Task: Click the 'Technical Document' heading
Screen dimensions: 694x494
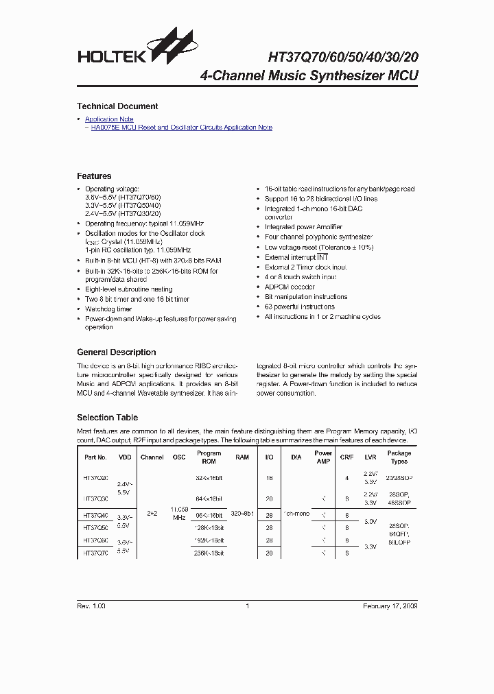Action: [x=117, y=106]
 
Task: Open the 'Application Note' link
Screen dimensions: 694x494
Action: [x=109, y=119]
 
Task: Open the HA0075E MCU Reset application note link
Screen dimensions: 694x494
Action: [x=181, y=128]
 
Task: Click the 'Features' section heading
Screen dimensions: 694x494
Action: [x=94, y=176]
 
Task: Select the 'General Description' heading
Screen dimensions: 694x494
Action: [x=116, y=352]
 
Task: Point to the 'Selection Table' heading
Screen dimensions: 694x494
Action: [x=107, y=418]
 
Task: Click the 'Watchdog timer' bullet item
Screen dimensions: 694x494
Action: [x=108, y=309]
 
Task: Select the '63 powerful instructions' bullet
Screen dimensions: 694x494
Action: [x=300, y=307]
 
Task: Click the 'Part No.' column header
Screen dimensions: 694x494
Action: [x=95, y=457]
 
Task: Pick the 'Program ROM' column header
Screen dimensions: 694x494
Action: [x=209, y=457]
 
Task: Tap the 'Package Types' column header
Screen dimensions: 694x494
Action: [x=399, y=457]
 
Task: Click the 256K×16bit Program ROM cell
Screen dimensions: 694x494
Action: [x=209, y=553]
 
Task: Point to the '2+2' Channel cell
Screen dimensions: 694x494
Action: [x=152, y=513]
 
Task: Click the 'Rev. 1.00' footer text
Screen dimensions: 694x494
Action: [x=91, y=606]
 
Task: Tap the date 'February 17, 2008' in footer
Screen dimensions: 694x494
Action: [x=390, y=606]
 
